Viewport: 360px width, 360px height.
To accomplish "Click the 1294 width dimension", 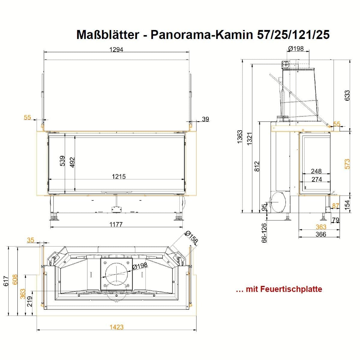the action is (x=116, y=49).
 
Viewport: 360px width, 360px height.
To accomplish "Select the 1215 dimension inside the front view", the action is (x=119, y=176).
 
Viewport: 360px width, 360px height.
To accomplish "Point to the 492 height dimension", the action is (x=72, y=162).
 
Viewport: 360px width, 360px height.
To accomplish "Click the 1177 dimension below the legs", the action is (x=116, y=224).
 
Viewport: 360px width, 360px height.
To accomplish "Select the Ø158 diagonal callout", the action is (x=191, y=237).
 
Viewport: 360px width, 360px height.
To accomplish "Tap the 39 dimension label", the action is (x=205, y=119).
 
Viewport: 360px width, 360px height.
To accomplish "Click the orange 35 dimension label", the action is (x=31, y=240).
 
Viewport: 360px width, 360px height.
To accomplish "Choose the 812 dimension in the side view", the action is (x=257, y=166).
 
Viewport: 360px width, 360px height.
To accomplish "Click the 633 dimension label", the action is (x=347, y=95).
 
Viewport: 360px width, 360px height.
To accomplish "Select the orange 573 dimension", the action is (x=347, y=164).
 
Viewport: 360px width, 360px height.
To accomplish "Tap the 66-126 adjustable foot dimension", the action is (x=264, y=233).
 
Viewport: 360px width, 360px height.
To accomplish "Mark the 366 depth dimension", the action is (x=321, y=234).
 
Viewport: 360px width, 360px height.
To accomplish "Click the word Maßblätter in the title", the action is (x=108, y=34).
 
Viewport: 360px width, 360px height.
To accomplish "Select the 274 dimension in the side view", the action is (x=317, y=179).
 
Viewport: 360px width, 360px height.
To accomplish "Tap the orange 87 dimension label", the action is (x=336, y=206).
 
